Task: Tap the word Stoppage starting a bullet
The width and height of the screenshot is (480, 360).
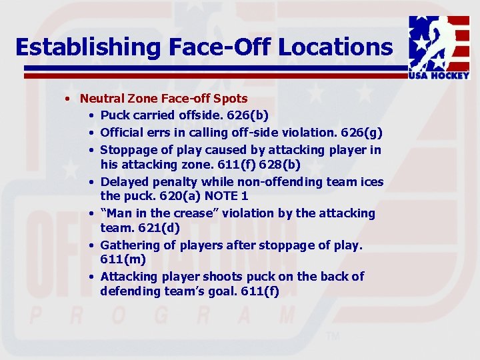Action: pyautogui.click(x=127, y=149)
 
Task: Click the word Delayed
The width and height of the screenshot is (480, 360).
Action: pyautogui.click(x=122, y=182)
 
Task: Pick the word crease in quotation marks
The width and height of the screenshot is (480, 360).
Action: pyautogui.click(x=200, y=213)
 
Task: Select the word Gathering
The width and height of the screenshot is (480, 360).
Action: pyautogui.click(x=128, y=245)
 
